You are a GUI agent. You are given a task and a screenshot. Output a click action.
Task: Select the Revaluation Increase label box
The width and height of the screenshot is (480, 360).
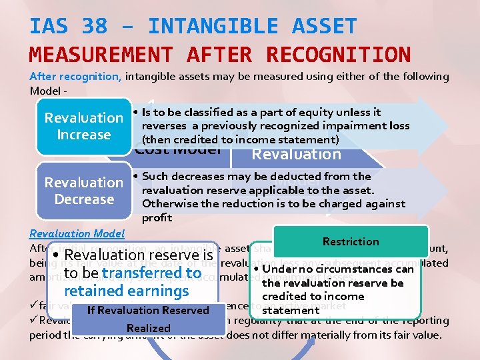(x=84, y=126)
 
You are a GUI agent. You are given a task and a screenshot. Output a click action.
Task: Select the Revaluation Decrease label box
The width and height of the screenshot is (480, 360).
(x=84, y=191)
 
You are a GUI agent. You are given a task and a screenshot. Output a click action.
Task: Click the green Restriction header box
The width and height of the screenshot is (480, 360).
(x=351, y=241)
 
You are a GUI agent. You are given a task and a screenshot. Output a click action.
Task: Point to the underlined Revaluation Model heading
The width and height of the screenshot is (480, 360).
(x=77, y=233)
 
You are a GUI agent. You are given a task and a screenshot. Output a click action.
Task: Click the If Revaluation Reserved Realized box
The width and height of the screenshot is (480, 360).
(x=148, y=319)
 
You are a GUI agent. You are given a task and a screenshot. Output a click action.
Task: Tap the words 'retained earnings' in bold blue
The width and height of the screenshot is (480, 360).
(x=127, y=291)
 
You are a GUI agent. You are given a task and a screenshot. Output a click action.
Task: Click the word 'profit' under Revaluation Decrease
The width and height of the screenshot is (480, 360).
(x=157, y=217)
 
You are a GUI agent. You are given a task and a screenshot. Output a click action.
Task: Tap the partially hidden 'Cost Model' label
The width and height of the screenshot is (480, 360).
(x=177, y=149)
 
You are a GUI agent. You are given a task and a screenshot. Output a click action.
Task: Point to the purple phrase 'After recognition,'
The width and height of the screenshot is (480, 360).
(x=75, y=77)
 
